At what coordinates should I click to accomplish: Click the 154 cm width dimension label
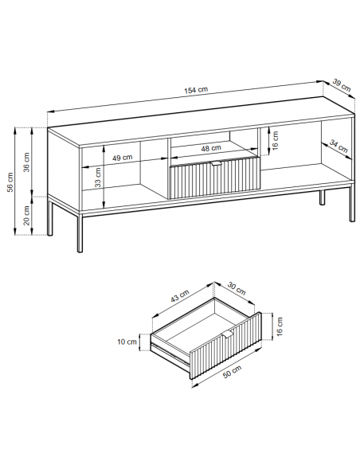tap(196, 90)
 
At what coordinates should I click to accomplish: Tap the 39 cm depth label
tap(342, 85)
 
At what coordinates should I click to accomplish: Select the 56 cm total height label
tap(10, 182)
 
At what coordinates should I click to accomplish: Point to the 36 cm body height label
tap(27, 162)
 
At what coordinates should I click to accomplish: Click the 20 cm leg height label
tap(27, 215)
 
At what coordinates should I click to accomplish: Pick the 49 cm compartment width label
tap(122, 158)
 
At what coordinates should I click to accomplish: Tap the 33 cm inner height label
tap(98, 178)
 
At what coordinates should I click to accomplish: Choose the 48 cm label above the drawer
tap(211, 148)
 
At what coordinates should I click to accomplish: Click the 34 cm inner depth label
tap(338, 147)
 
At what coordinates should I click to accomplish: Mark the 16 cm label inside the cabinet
tap(276, 140)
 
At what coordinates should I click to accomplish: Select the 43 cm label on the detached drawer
tap(180, 295)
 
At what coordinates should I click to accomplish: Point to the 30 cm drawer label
tap(237, 288)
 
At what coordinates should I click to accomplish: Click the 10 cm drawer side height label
tap(127, 342)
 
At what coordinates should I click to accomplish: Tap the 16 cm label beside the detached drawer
tap(280, 326)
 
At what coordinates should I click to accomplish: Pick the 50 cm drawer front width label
tap(233, 371)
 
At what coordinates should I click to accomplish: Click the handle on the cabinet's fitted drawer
tap(217, 164)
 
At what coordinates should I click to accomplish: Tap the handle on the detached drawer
tap(228, 334)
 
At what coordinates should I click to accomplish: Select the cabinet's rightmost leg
tap(352, 203)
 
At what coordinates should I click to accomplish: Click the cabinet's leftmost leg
tap(49, 218)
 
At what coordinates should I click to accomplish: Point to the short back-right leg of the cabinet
tap(322, 197)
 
